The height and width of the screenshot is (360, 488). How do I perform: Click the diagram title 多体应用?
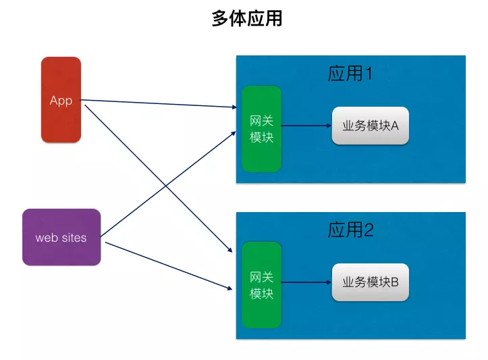click(246, 19)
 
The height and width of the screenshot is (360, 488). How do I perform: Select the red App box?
click(61, 100)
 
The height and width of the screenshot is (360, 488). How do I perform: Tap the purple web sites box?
click(61, 237)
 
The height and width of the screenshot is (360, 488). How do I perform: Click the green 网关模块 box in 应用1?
click(261, 128)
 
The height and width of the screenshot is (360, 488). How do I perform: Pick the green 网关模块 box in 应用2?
click(261, 284)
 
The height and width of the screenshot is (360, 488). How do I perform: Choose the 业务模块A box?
click(370, 126)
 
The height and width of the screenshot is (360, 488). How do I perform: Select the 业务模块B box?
click(370, 282)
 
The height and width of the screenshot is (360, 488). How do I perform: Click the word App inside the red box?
click(61, 101)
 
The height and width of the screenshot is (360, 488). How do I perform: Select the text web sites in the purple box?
click(61, 238)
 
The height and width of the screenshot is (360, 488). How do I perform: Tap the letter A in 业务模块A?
click(395, 126)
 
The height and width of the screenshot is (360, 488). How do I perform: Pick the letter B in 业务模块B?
click(395, 282)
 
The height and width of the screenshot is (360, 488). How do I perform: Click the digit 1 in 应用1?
click(369, 73)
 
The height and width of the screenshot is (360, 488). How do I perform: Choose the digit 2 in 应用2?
click(369, 230)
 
